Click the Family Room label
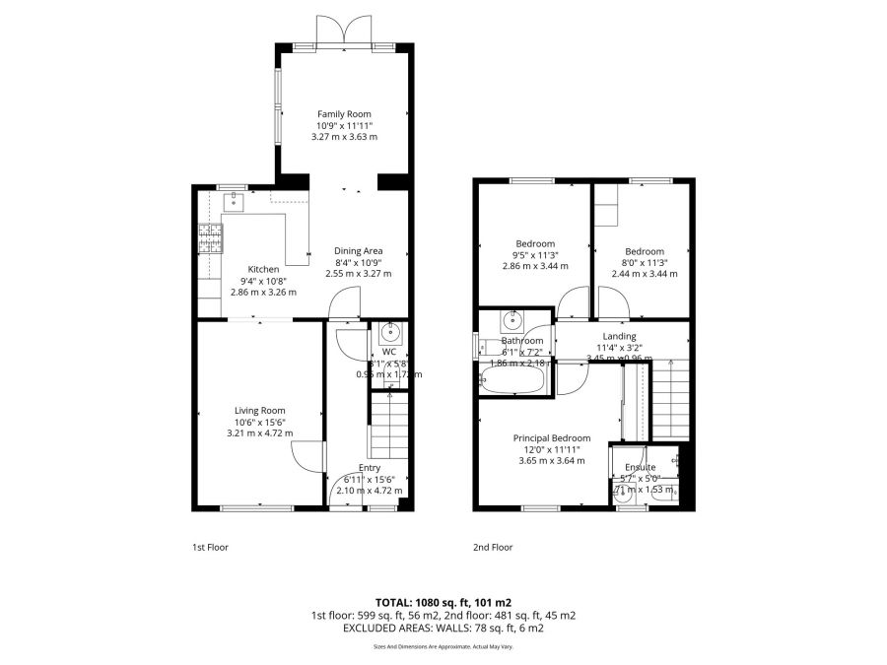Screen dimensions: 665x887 [x=344, y=114]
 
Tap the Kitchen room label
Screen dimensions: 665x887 [x=263, y=269]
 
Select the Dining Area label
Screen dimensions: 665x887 [x=358, y=250]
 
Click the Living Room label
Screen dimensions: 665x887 [x=259, y=411]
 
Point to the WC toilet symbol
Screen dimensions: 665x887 [x=389, y=330]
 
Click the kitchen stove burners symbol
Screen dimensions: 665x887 [x=210, y=238]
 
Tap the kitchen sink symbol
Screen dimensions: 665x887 [x=234, y=203]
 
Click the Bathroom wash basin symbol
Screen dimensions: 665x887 [x=512, y=319]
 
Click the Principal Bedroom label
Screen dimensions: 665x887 [x=551, y=437]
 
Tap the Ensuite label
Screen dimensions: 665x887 [x=641, y=467]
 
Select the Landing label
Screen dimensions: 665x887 [x=619, y=336]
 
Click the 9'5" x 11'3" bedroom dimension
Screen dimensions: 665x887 [x=535, y=255]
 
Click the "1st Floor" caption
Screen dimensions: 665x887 [x=209, y=547]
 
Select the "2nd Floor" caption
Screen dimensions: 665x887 [x=493, y=547]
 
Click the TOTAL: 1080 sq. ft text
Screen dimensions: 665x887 [x=443, y=601]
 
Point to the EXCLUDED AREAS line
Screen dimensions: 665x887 [x=443, y=627]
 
